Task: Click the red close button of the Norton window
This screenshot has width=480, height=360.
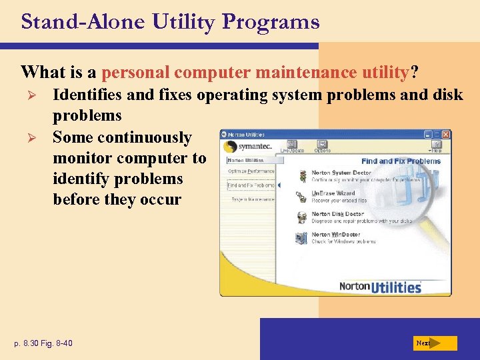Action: pos(446,134)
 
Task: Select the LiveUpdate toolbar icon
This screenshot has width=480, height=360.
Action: pos(292,145)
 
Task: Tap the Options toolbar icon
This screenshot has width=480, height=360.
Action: pos(322,145)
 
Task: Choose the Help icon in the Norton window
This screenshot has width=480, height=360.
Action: pos(435,145)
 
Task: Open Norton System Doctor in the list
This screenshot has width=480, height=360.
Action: pos(341,173)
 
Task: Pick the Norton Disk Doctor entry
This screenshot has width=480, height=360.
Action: pos(337,214)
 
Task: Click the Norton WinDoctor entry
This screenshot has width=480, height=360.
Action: pos(335,235)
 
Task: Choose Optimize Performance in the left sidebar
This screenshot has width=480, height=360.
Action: pos(251,171)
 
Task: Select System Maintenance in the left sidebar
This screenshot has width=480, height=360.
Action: pos(251,199)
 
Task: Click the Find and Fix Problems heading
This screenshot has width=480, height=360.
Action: pos(401,161)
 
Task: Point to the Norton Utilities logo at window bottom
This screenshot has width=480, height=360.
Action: pos(380,287)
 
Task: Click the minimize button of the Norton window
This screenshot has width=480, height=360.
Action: pos(427,134)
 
